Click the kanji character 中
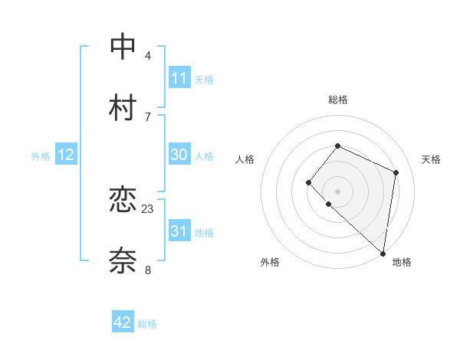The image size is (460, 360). pos(123,47)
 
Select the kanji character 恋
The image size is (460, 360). pos(123,200)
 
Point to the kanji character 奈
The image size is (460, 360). pos(123,261)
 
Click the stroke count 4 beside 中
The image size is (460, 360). pos(148,55)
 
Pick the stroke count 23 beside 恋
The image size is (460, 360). pos(148,208)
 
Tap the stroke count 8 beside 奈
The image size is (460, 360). pos(148,270)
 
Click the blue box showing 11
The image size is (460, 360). pos(179,78)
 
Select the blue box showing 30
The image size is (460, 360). pos(179,155)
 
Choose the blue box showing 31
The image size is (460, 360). pos(179,231)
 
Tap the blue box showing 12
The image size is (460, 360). pos(66,155)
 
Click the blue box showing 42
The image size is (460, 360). pos(123,322)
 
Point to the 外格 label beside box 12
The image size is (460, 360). pos(41,156)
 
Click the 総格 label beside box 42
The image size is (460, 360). pos(147,324)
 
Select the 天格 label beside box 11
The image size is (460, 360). pos(204,80)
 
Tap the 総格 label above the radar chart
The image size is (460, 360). pos(337,100)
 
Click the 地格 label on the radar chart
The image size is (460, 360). pos(402,262)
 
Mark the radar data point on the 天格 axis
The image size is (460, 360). pos(396,172)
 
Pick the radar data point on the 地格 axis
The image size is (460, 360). pos(383,254)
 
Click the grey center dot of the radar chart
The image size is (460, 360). pos(337,191)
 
